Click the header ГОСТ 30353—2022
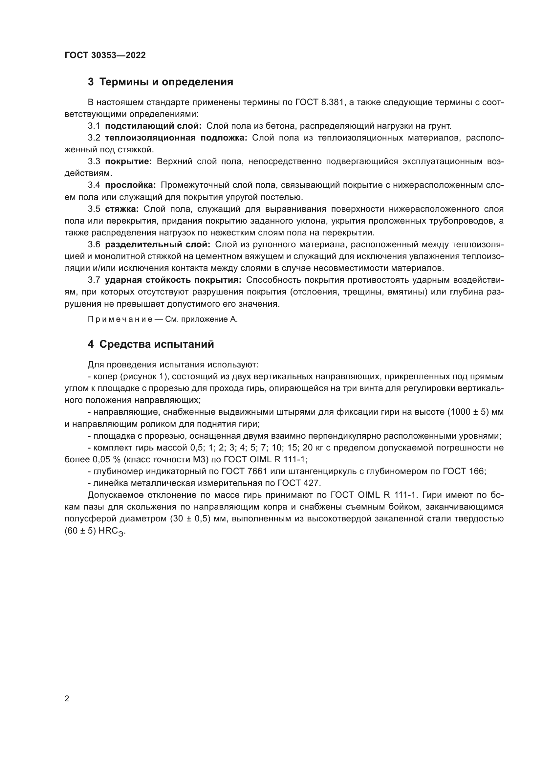click(105, 55)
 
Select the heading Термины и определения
click(161, 82)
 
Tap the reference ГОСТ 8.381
click(319, 102)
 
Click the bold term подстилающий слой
click(153, 126)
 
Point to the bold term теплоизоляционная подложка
click(176, 138)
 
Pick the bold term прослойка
click(130, 185)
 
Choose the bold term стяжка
click(122, 209)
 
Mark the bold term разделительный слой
click(158, 245)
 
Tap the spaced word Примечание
click(120, 319)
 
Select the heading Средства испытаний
click(151, 344)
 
